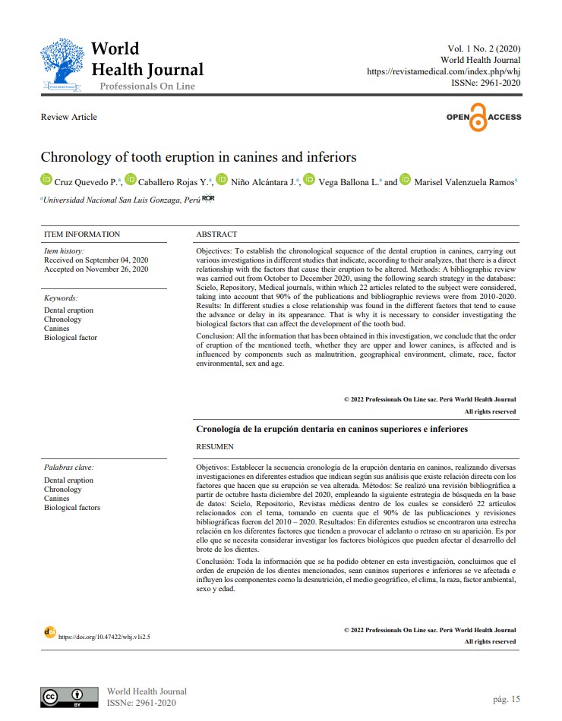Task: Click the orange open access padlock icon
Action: [x=477, y=118]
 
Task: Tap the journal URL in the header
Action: [x=444, y=71]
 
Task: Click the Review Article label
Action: [x=69, y=117]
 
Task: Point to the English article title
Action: [x=198, y=158]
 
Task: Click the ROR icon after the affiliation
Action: [x=209, y=199]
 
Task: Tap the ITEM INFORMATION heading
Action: [x=82, y=235]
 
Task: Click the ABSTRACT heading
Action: [x=216, y=235]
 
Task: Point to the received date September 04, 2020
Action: [x=96, y=260]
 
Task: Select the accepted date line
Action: [x=96, y=269]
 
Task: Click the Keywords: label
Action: [x=61, y=298]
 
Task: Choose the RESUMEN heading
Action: [x=215, y=447]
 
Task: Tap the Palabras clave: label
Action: [x=69, y=468]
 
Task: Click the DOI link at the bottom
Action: [x=104, y=637]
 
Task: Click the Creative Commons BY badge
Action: [x=69, y=697]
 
